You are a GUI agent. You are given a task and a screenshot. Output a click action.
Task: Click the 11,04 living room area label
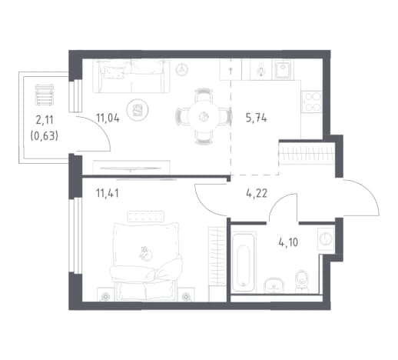[x=108, y=118]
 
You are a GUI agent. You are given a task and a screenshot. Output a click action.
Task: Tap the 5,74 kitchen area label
[x=256, y=118]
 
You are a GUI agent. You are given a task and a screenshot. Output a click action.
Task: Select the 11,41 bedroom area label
[x=108, y=193]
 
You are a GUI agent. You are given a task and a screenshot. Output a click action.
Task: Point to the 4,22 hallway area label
[x=257, y=193]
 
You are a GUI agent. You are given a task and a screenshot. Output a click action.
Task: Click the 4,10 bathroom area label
[x=288, y=242]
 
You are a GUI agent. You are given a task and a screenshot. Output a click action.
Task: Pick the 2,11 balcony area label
[x=45, y=120]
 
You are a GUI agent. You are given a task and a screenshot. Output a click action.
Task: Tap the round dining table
[x=204, y=117]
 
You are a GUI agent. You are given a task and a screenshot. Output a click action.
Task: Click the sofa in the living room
[x=131, y=76]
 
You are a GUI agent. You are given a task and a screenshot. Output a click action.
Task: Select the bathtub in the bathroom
[x=244, y=262]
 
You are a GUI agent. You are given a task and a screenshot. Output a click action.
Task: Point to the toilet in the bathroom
[x=302, y=282]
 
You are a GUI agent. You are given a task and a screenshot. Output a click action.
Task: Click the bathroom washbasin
[x=274, y=285]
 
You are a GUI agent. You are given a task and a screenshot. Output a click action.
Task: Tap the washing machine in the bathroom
[x=326, y=238]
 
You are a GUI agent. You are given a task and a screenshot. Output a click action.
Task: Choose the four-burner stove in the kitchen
[x=311, y=102]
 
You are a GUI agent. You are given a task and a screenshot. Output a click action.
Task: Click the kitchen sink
[x=284, y=69]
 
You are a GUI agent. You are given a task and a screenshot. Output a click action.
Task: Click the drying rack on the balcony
[x=45, y=95]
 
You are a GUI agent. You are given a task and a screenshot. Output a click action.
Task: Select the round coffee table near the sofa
[x=138, y=110]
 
